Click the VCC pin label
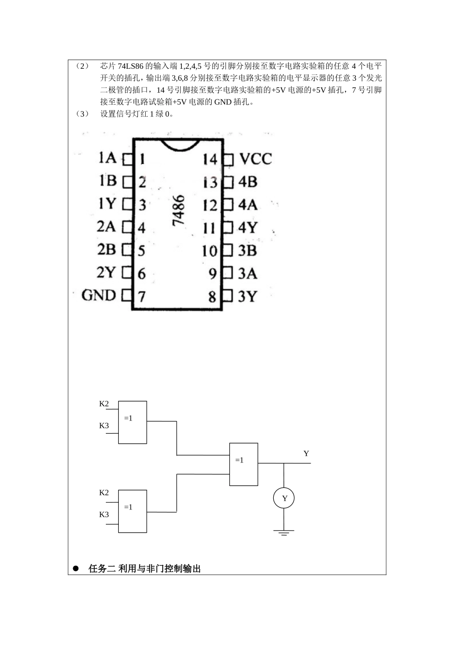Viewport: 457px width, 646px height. coord(256,159)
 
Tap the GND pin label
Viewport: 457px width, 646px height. coord(99,295)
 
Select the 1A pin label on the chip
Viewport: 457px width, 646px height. coord(107,158)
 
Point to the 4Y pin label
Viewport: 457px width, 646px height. coord(248,227)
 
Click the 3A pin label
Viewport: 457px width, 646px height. coord(247,273)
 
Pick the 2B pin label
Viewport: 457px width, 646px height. coord(106,249)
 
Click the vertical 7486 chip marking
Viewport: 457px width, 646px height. coord(178,210)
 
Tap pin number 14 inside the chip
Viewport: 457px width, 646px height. coord(210,160)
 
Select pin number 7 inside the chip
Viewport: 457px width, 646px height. coord(141,297)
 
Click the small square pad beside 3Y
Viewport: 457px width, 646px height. coord(228,296)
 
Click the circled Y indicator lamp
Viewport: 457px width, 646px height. coord(284,498)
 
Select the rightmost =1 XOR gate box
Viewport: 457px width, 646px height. coord(244,464)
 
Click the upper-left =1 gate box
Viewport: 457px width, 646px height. coord(132,422)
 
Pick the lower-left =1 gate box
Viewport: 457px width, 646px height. coord(132,511)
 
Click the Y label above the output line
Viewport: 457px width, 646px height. coord(306,454)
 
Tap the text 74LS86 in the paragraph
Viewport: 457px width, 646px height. coord(130,66)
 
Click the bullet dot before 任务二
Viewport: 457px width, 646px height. coord(76,569)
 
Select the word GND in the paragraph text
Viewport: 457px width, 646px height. coord(223,102)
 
